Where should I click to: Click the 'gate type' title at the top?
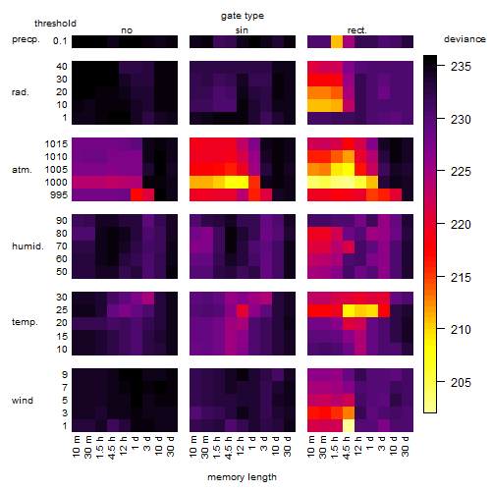[x=243, y=16]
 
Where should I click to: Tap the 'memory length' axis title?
[x=242, y=477]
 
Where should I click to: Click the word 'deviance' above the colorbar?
[x=464, y=39]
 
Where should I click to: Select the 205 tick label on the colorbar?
[x=461, y=382]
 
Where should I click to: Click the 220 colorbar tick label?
[x=461, y=225]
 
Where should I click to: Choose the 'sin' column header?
[x=242, y=30]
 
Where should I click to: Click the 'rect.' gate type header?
[x=357, y=30]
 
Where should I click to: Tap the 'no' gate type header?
[x=127, y=30]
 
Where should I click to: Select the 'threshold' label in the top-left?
[x=55, y=24]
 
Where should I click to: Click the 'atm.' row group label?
[x=22, y=170]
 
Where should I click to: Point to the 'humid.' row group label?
[x=27, y=246]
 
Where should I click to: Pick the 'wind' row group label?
[x=23, y=401]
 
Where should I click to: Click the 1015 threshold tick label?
[x=56, y=144]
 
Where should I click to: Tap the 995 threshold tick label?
[x=59, y=195]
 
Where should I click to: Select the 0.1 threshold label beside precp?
[x=60, y=41]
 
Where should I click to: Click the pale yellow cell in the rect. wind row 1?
[x=349, y=426]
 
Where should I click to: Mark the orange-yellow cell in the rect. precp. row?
[x=337, y=42]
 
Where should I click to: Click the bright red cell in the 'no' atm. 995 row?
[x=136, y=195]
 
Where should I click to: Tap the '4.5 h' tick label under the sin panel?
[x=229, y=447]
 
